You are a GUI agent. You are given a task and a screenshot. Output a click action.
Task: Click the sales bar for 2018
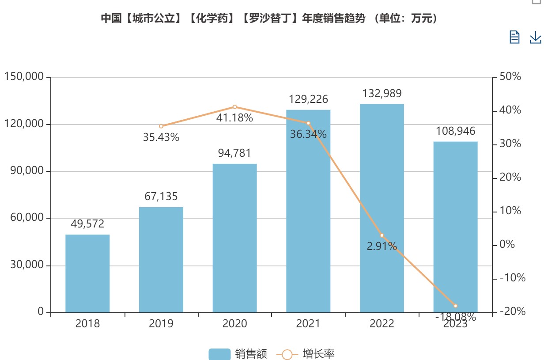coord(87,273)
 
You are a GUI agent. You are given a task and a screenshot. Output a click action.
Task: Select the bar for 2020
coord(234,238)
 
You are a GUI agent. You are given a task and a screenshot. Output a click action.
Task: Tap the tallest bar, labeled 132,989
coord(382,208)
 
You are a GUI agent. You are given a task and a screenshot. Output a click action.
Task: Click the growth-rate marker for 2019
coord(161,126)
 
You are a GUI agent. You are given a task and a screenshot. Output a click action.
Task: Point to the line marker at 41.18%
coord(234,107)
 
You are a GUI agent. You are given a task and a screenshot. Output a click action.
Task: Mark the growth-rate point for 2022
coord(382,235)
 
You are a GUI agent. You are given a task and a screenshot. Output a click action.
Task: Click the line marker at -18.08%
coord(455,306)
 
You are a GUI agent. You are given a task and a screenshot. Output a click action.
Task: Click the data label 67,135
coord(161,197)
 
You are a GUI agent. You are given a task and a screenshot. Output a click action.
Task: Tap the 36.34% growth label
coord(308,134)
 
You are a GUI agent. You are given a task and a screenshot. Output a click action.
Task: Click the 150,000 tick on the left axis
coord(24,77)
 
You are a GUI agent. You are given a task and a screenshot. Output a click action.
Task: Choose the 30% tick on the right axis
coord(510,144)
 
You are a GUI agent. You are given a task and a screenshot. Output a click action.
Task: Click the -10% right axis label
coord(512,278)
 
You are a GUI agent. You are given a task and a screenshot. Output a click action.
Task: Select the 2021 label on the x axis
coord(308,324)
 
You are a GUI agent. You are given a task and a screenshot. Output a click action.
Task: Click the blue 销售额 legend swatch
coord(219,354)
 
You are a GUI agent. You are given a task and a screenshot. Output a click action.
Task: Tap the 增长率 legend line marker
coord(287,354)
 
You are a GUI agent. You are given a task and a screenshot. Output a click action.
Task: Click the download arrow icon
coord(535,37)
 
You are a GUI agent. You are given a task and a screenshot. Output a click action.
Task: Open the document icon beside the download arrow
coord(514,37)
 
